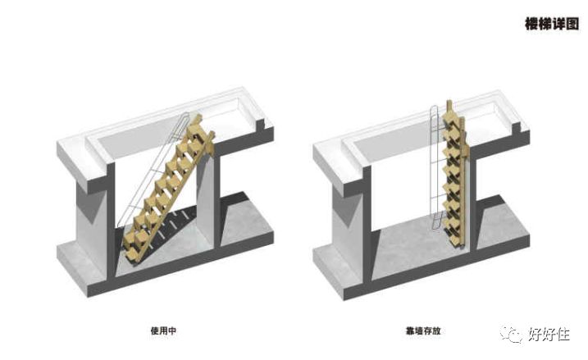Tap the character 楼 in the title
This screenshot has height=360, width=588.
pyautogui.click(x=531, y=23)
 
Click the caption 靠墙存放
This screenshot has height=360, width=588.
pyautogui.click(x=423, y=330)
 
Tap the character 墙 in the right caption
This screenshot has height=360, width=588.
pyautogui.click(x=418, y=330)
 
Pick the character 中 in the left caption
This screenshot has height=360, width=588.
pyautogui.click(x=174, y=330)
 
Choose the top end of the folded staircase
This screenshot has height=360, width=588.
pyautogui.click(x=449, y=107)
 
